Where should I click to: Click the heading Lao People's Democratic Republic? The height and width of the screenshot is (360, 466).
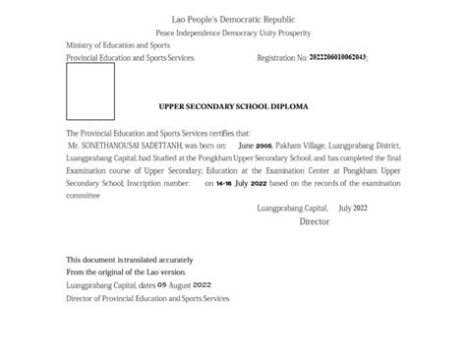tap(232, 20)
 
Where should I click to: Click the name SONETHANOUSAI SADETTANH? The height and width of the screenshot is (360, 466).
tap(133, 144)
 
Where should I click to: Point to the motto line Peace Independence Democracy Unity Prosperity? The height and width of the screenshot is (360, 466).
tap(232, 33)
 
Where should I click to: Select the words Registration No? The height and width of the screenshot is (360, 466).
tap(281, 58)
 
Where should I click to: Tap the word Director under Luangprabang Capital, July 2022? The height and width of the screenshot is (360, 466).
tap(315, 222)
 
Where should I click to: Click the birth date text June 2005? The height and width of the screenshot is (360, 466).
tap(254, 144)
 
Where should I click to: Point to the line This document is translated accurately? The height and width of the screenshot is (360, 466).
tap(129, 260)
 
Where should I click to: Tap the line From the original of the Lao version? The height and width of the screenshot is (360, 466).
tap(125, 272)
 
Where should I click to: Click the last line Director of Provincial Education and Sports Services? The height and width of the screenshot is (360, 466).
tap(146, 297)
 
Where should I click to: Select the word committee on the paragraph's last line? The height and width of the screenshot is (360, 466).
tap(84, 196)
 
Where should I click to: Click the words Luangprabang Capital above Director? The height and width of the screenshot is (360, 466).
tap(292, 209)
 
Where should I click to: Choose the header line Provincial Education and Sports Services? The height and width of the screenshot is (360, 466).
tap(130, 58)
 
